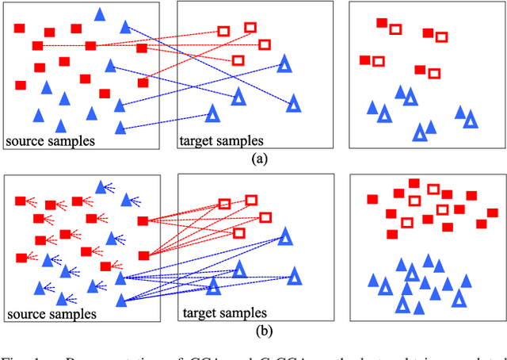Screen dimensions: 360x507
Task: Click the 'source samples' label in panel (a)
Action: [50, 141]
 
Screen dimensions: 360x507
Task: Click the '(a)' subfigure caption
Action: [258, 159]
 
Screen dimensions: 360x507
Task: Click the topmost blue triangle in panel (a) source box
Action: [100, 13]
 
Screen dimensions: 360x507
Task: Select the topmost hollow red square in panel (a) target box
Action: [250, 28]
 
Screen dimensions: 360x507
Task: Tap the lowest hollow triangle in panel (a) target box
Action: [212, 114]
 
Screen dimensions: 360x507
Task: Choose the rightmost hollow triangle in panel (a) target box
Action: [293, 103]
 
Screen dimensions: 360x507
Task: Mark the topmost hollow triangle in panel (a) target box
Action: [284, 64]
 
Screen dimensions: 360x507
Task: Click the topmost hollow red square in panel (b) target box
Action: [250, 201]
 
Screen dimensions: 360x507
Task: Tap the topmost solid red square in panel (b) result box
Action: [414, 184]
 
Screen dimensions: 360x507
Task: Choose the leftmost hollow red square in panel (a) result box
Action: [379, 61]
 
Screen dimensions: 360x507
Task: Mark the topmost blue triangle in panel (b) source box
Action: [101, 186]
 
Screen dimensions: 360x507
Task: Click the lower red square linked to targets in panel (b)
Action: [143, 255]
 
